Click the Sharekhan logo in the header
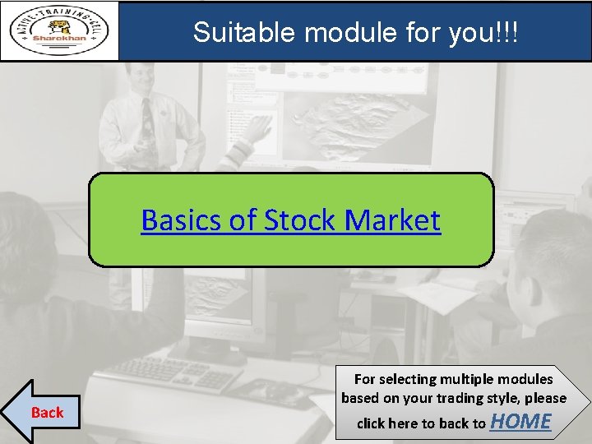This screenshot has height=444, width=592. tap(59, 30)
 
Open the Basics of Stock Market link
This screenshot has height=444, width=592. tap(290, 220)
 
